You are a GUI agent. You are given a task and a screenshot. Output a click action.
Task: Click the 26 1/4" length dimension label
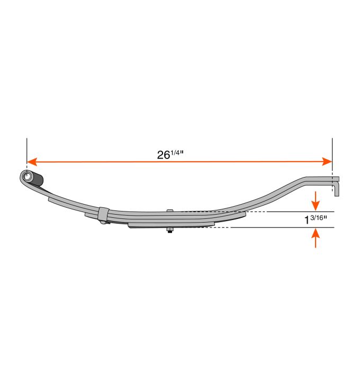[170, 154]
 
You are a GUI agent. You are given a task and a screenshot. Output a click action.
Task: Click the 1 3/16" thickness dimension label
[317, 219]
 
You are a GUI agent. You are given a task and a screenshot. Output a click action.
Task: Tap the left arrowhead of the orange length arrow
[31, 161]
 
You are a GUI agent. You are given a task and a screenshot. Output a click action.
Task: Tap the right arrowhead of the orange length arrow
[328, 161]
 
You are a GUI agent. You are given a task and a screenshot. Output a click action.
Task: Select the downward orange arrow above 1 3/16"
[316, 200]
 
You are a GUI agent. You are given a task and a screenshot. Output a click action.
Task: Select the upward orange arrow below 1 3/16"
[316, 238]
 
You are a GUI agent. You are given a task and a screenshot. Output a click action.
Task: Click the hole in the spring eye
[26, 175]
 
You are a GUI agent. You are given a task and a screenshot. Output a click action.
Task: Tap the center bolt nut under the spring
[169, 229]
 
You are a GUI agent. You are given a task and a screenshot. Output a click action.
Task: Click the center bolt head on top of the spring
[169, 211]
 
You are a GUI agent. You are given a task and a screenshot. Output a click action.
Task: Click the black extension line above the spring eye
[26, 151]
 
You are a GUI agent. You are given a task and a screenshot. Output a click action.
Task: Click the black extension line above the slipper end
[332, 151]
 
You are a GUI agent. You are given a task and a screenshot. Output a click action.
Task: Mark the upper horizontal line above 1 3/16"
[286, 211]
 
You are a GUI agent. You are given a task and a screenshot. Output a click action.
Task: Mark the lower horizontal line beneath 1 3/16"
[286, 228]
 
